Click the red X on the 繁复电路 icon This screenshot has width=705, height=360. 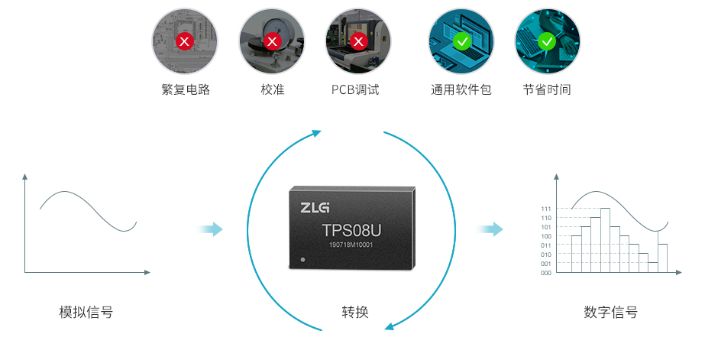click(184, 42)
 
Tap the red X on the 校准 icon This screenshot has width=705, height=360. click(272, 42)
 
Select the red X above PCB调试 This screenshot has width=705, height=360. click(358, 42)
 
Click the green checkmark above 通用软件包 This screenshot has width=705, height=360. click(461, 42)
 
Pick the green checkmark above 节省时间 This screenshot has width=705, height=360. click(547, 42)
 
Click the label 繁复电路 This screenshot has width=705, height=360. click(186, 89)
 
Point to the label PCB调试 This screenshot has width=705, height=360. click(355, 89)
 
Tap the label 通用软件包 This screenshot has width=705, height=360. click(461, 89)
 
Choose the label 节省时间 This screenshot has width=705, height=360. click(547, 89)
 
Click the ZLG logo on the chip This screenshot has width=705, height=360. click(315, 207)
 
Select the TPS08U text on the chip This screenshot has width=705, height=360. click(351, 230)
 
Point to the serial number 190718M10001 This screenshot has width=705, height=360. click(351, 245)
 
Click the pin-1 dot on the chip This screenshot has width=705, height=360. click(302, 260)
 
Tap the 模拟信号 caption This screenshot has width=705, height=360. click(86, 312)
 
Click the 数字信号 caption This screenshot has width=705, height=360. click(610, 312)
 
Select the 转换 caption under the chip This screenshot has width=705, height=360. click(355, 312)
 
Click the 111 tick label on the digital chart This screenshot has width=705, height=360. click(546, 209)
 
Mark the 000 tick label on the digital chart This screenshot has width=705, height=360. click(546, 273)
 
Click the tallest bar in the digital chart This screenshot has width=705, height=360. click(605, 240)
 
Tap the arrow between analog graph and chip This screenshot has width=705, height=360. click(210, 229)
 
